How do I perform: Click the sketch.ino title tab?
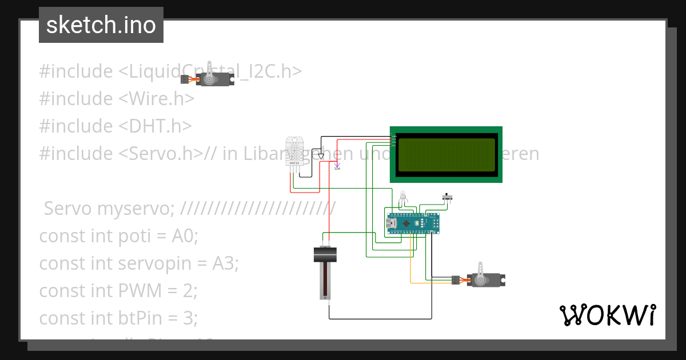[101, 25]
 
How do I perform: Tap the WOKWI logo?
[607, 315]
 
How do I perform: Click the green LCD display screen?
[445, 154]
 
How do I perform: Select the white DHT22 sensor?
[294, 153]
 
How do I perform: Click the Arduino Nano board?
[413, 223]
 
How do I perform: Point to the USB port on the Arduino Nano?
[392, 223]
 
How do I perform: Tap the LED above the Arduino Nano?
[403, 196]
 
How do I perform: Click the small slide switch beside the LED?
[448, 197]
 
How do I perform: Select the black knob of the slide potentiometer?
[325, 254]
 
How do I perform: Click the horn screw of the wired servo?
[480, 280]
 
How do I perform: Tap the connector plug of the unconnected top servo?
[185, 79]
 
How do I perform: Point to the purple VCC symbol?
[337, 166]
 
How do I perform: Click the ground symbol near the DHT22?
[321, 156]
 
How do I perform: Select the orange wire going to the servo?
[411, 263]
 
